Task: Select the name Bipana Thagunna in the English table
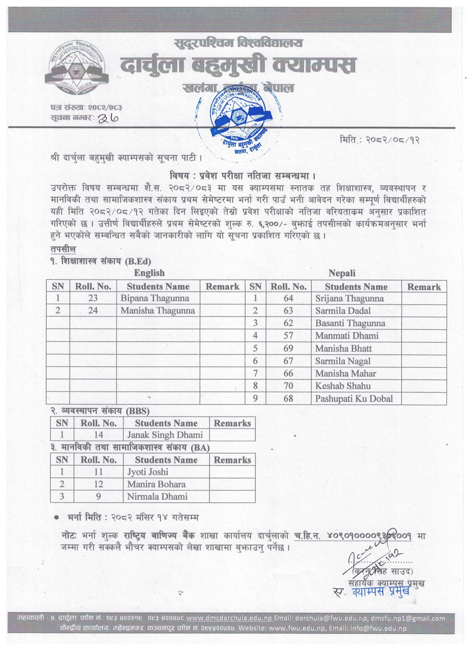[155, 298]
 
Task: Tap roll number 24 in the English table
[93, 310]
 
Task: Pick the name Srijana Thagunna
[349, 298]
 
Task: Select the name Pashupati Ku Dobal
[354, 398]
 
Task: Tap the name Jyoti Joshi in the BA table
[148, 472]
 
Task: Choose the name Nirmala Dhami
[157, 496]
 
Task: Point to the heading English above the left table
[149, 273]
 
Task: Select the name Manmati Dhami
[347, 336]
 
